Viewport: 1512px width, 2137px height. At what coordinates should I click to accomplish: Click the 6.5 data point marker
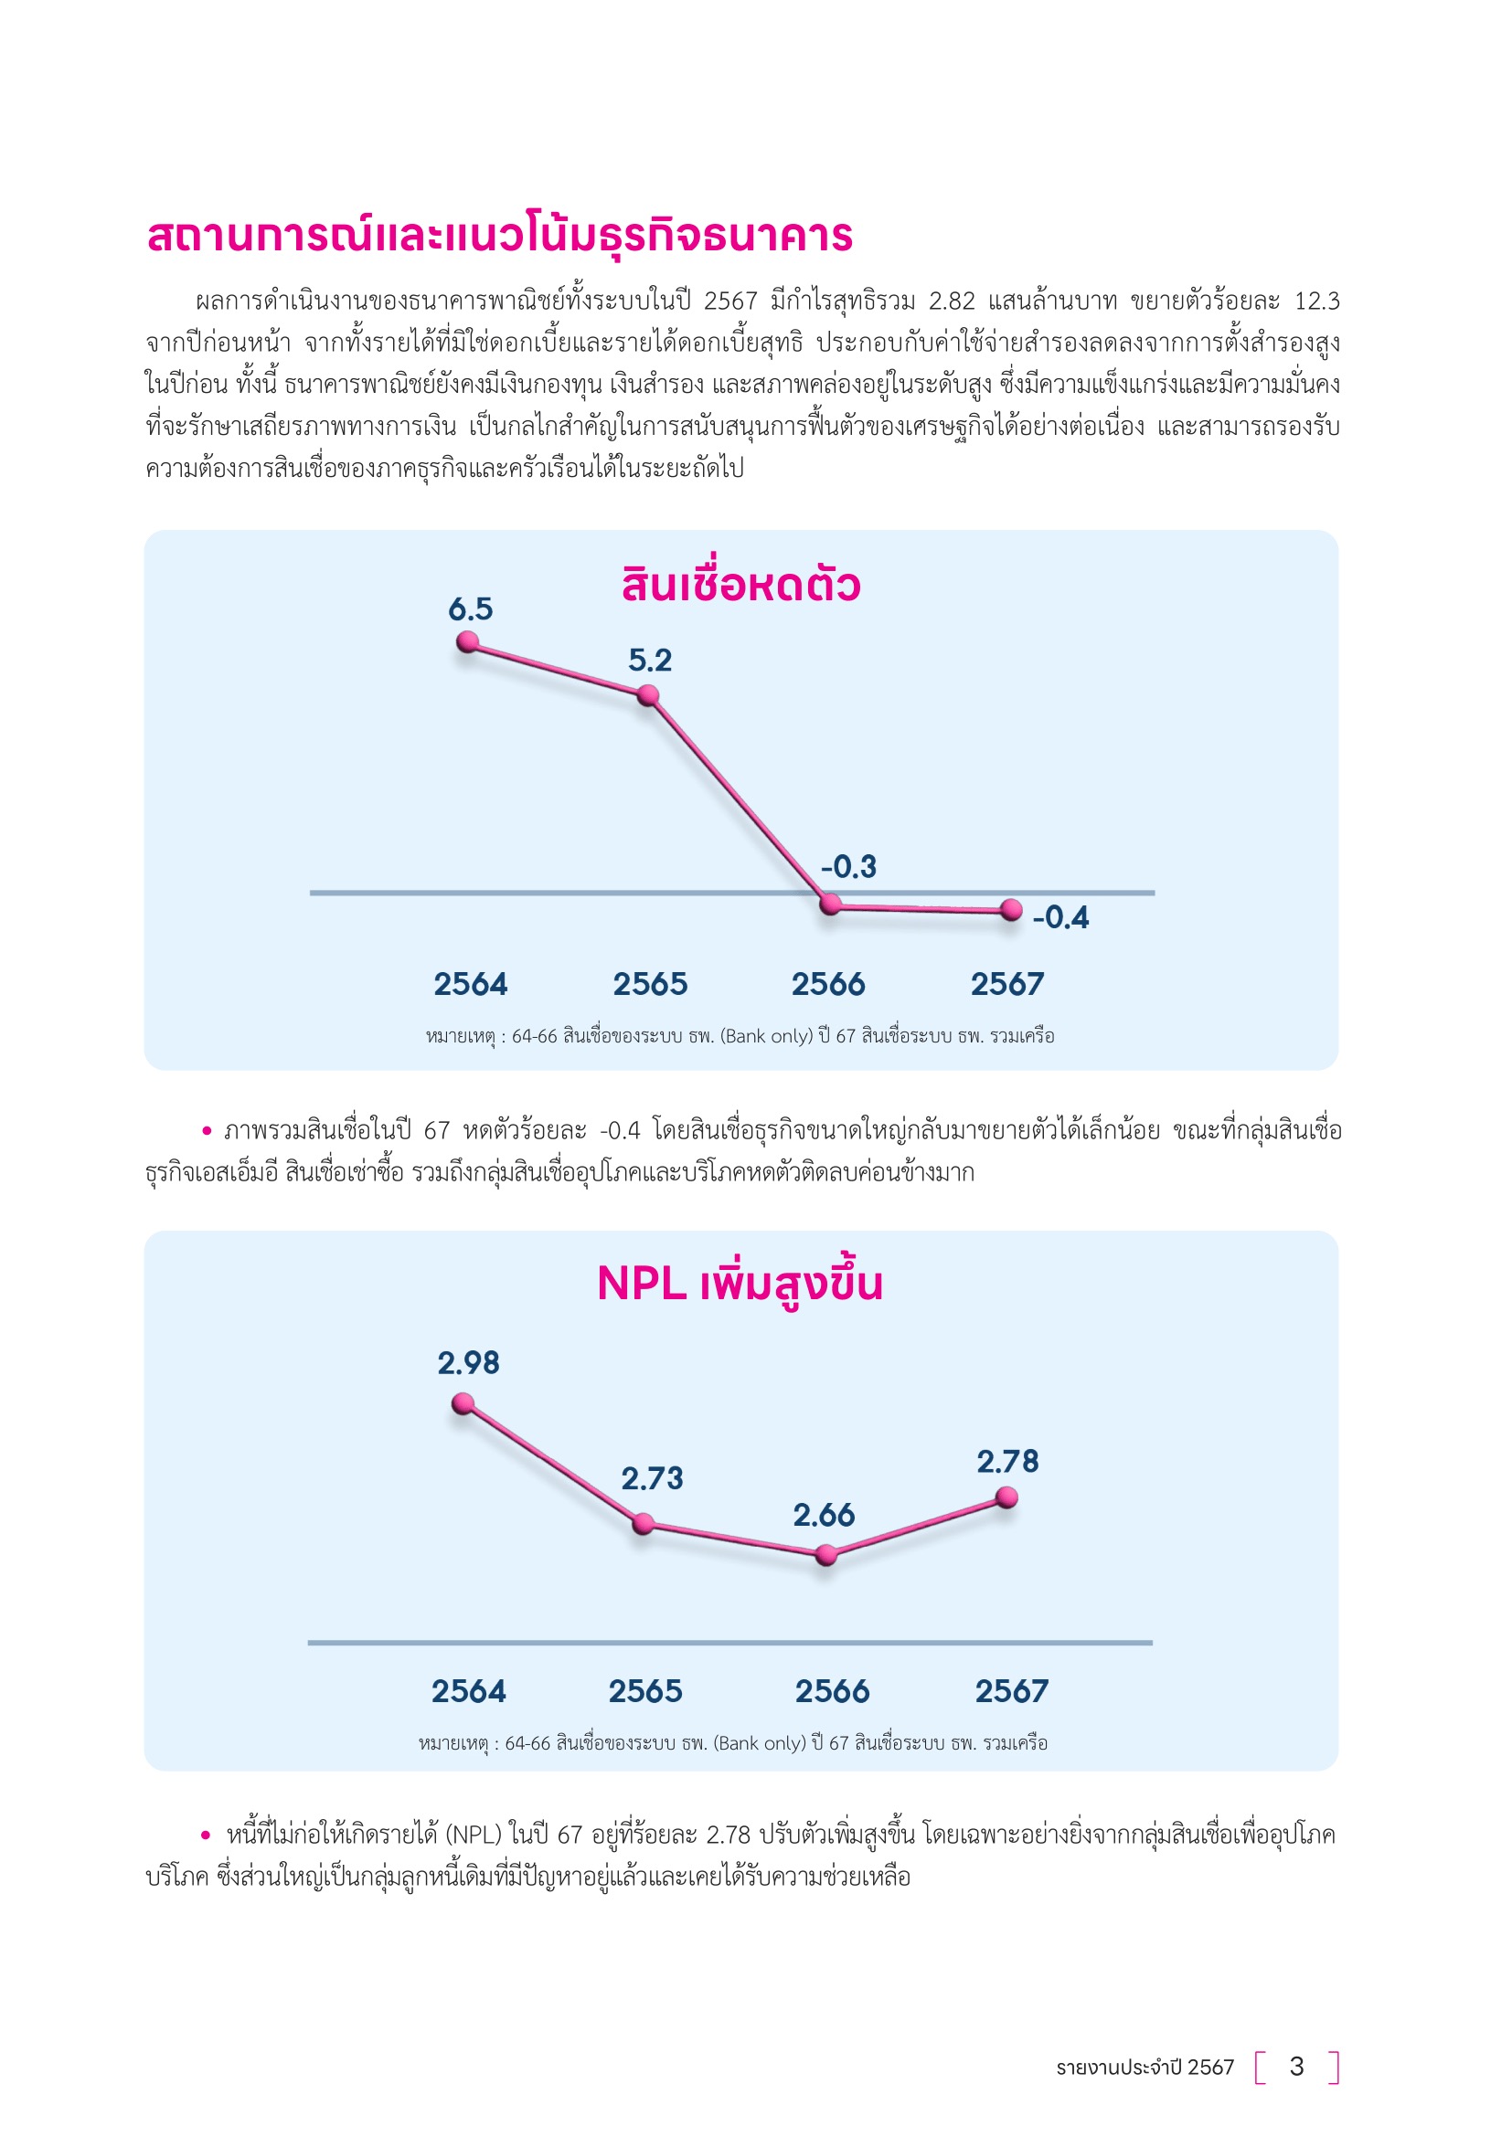coord(467,642)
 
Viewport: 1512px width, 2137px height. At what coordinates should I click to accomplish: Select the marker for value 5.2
coord(648,695)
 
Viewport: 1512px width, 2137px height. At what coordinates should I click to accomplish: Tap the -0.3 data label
coord(848,866)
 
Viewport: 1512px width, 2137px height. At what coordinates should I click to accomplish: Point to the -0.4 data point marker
coord(1011,909)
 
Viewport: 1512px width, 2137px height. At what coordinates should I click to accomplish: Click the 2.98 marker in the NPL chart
coord(463,1403)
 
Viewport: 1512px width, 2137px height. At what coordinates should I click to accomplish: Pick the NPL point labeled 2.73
coord(643,1524)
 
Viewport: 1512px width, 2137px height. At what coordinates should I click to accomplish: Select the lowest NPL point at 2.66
coord(825,1554)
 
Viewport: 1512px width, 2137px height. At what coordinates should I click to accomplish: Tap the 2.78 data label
coord(1007,1461)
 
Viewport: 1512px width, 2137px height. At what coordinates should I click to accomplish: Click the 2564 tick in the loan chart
coord(470,984)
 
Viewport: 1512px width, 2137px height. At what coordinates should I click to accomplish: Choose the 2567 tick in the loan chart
coord(1007,984)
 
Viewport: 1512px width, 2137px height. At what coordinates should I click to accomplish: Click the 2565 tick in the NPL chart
coord(645,1691)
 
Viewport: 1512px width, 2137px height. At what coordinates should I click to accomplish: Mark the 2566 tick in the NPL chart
coord(831,1691)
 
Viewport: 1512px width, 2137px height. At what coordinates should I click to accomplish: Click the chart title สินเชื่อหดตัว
coord(740,586)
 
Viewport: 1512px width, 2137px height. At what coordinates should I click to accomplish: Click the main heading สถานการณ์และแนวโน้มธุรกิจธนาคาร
coord(499,235)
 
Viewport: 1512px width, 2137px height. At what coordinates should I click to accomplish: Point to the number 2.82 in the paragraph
coord(952,302)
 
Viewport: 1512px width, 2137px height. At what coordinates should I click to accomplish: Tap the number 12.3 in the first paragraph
coord(1316,302)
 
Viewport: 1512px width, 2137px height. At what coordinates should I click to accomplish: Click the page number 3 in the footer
coord(1296,2068)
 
